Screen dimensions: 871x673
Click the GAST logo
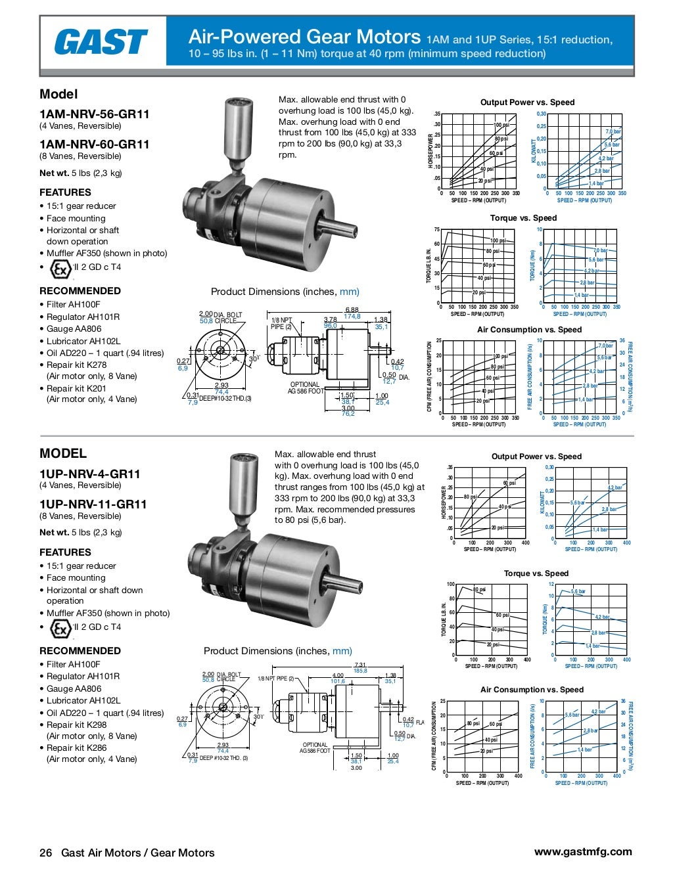coord(101,42)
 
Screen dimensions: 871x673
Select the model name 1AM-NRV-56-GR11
coord(95,114)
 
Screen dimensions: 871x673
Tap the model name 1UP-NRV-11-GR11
coord(93,504)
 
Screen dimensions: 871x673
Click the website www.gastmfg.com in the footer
coord(583,851)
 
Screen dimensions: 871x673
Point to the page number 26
coord(45,853)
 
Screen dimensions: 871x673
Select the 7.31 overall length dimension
coord(360,665)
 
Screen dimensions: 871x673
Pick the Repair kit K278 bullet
coord(76,365)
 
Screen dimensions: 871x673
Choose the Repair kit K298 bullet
coord(76,725)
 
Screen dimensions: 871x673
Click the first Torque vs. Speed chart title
coord(523,218)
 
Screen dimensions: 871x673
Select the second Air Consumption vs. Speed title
coord(532,690)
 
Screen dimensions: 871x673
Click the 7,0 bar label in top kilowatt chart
coord(613,132)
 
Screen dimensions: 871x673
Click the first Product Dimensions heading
coord(285,292)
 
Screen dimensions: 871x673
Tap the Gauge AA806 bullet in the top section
coord(74,329)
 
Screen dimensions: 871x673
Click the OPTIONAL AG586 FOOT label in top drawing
coord(306,388)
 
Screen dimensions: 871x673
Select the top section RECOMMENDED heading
coord(80,291)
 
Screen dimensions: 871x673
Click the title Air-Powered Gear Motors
coord(304,37)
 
